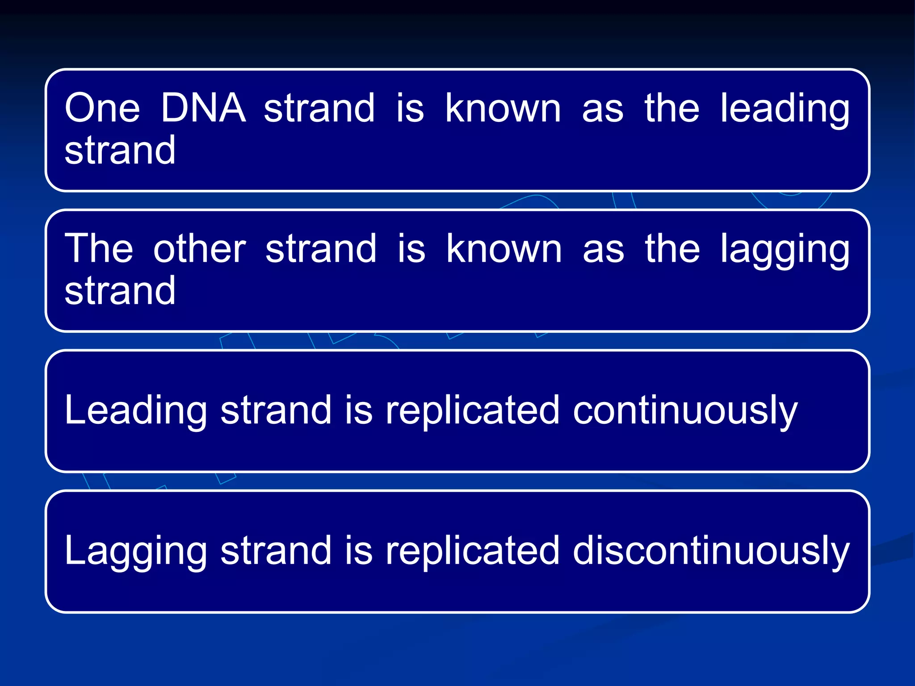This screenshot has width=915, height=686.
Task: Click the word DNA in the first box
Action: (x=203, y=108)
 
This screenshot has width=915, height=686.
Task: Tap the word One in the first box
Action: (x=102, y=108)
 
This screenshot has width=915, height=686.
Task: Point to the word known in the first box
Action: (x=503, y=108)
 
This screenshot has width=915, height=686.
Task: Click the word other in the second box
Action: (x=199, y=249)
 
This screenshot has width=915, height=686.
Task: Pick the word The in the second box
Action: (x=99, y=249)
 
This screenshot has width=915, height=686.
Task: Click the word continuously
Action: (x=685, y=411)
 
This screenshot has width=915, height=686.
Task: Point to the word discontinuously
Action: (x=711, y=551)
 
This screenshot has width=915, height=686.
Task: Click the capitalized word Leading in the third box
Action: (x=135, y=411)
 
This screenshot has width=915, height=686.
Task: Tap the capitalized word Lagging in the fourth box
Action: (x=135, y=552)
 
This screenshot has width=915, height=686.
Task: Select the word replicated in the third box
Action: (x=472, y=411)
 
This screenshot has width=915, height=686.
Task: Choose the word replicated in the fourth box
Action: (x=472, y=551)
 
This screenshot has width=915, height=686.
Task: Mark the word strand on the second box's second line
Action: (x=120, y=291)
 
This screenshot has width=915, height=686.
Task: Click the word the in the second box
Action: (x=672, y=249)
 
